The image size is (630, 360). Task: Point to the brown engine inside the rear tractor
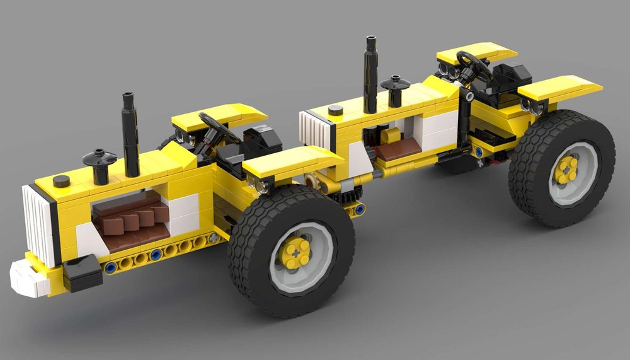pyautogui.click(x=397, y=148)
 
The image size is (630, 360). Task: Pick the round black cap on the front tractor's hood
pyautogui.click(x=61, y=182)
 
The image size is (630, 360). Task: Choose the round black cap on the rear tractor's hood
pyautogui.click(x=336, y=110)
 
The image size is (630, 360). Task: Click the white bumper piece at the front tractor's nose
pyautogui.click(x=28, y=278)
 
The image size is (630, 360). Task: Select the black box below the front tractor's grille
pyautogui.click(x=82, y=272)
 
